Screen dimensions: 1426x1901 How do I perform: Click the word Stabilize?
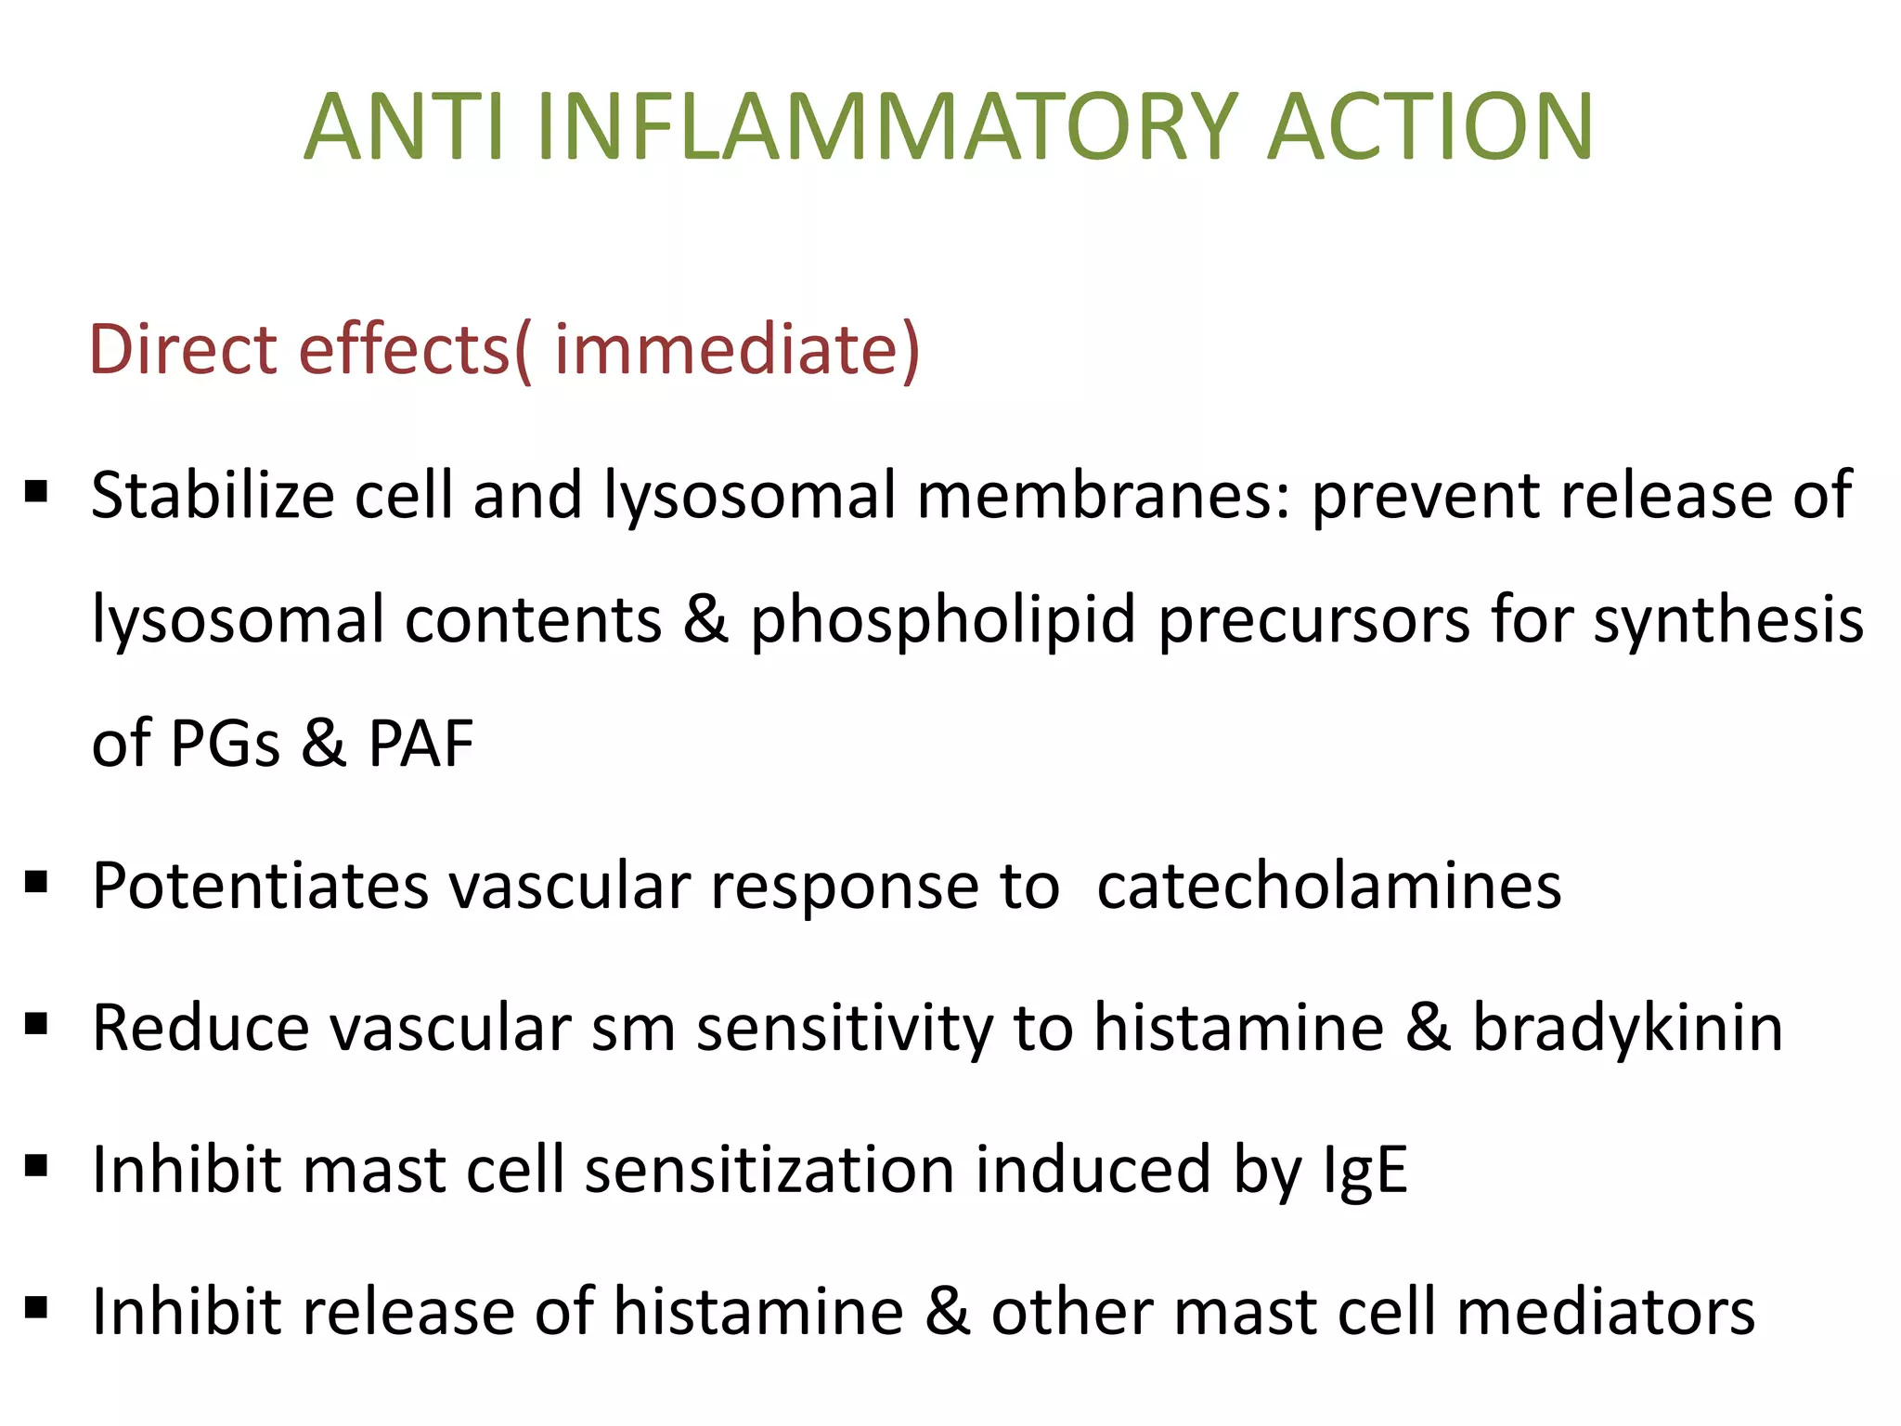tap(212, 495)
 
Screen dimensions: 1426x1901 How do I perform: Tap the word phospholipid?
tap(942, 619)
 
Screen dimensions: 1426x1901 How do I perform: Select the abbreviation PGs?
tap(226, 744)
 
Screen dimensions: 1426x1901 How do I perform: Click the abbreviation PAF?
tap(420, 744)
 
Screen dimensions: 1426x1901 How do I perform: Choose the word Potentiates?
tap(260, 886)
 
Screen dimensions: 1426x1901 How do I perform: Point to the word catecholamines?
tap(1329, 886)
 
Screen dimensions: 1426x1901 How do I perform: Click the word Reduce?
tap(200, 1028)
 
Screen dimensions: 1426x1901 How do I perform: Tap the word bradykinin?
tap(1627, 1028)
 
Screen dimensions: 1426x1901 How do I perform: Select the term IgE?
tap(1364, 1170)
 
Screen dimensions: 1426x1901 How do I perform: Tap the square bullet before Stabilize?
tap(37, 490)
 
